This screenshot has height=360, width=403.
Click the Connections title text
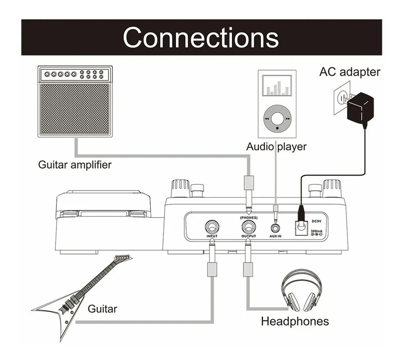click(x=201, y=37)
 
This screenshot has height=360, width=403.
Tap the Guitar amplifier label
click(x=75, y=165)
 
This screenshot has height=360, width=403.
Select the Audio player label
click(x=276, y=147)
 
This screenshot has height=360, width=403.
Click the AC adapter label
click(x=350, y=72)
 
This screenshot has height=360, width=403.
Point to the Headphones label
click(x=295, y=321)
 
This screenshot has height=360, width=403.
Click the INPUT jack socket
click(x=212, y=227)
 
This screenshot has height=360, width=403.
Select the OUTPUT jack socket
click(x=249, y=227)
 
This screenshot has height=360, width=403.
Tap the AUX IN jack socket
click(x=275, y=228)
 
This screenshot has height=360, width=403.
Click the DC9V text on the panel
click(x=316, y=221)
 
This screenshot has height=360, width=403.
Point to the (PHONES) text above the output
click(x=249, y=218)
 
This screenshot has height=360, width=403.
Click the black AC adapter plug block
click(x=360, y=108)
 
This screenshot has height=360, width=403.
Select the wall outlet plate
click(x=342, y=98)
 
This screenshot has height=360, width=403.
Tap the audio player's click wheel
click(x=277, y=119)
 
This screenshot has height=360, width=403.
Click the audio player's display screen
click(x=277, y=85)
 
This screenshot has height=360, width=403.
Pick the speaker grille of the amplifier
click(x=75, y=109)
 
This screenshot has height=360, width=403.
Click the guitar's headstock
click(x=123, y=258)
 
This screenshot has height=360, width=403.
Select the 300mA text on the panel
click(x=316, y=231)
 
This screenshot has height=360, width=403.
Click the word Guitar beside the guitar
click(x=102, y=309)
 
